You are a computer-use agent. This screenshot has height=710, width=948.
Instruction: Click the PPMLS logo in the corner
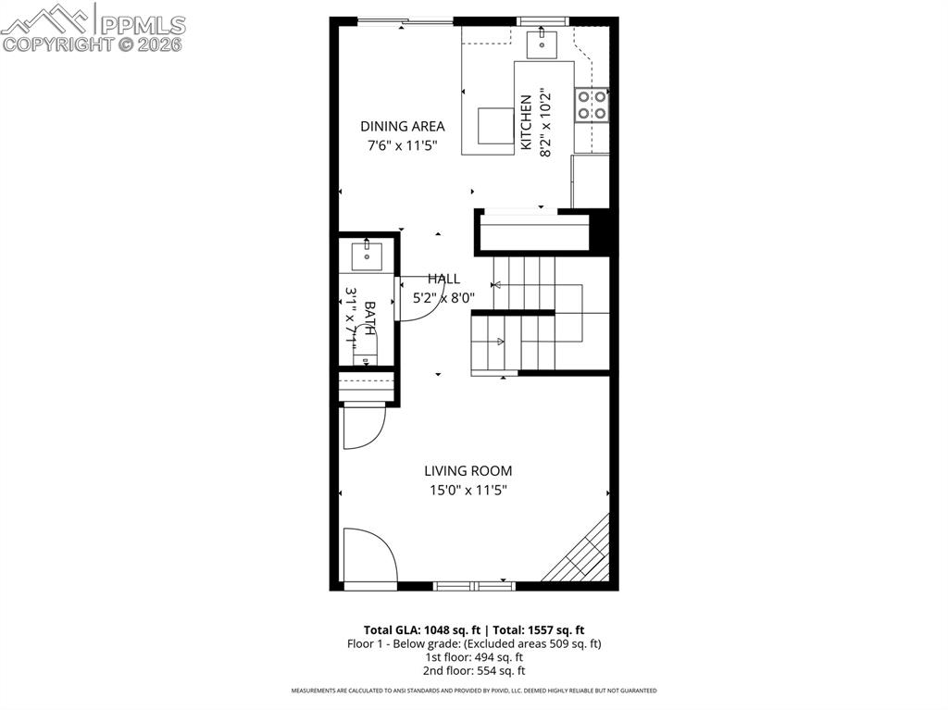coord(93,27)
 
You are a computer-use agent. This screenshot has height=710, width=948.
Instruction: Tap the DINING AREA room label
coord(402,126)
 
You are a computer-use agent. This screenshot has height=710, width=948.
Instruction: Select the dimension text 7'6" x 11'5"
coord(402,145)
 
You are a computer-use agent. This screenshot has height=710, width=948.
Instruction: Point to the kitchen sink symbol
coord(540,43)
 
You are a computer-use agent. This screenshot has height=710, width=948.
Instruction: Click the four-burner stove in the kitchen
coord(592,105)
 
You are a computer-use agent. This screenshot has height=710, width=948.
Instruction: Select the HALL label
coord(443,279)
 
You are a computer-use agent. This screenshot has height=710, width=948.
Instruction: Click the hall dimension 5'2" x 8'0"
coord(443,297)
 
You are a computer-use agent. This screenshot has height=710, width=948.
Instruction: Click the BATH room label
coord(369,318)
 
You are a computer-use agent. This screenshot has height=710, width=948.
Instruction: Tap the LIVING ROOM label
coord(468,471)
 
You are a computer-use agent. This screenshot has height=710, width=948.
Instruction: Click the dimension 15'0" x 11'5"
coord(468,491)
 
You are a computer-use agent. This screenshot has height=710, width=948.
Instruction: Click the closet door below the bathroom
coord(362,428)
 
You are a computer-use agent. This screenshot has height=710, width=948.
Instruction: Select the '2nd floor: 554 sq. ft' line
coord(474,670)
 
